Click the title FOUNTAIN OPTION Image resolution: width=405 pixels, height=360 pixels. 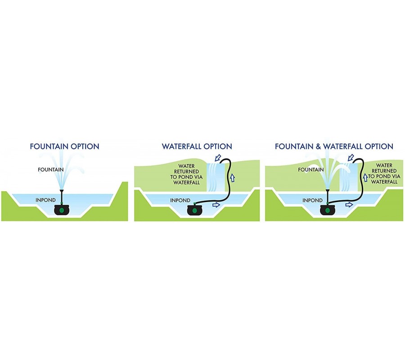point(64,146)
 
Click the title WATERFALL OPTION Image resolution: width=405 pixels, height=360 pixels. point(197,146)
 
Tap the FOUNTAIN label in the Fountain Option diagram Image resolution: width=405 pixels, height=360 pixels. point(50,170)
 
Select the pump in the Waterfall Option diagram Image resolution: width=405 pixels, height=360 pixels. point(194,210)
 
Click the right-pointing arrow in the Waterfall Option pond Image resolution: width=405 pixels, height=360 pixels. point(216,204)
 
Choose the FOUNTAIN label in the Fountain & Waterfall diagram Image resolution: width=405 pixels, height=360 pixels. point(311,170)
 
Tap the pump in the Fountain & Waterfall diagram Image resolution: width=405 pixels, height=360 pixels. point(328,210)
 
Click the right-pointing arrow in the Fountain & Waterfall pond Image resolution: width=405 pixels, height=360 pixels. point(348,204)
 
